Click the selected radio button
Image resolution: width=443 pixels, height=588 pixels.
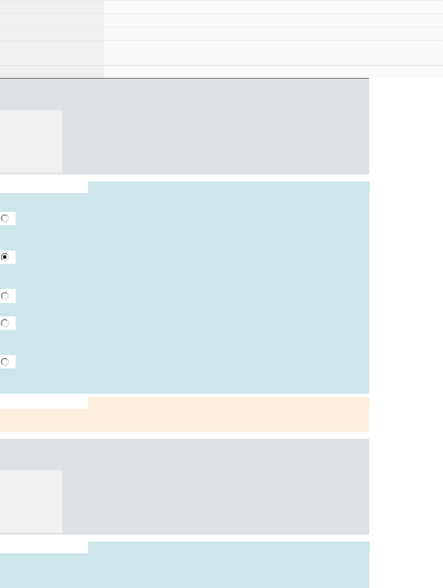point(5,257)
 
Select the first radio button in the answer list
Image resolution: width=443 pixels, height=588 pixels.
point(5,218)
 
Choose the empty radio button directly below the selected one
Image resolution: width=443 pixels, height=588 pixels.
point(5,296)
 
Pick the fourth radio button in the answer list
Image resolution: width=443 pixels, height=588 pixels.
point(5,323)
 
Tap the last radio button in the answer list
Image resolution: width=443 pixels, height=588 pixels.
point(5,362)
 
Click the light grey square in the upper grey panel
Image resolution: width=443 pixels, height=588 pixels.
point(31,141)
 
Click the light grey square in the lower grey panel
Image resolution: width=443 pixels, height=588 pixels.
point(31,501)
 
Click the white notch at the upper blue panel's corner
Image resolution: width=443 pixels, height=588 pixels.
point(44,187)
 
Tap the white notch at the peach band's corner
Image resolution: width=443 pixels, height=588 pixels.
point(44,403)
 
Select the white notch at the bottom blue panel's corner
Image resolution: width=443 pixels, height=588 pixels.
point(44,547)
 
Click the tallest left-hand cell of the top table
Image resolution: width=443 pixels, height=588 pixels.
point(52,53)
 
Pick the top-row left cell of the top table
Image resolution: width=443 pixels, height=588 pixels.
point(52,7)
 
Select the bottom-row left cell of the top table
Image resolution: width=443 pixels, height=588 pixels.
point(52,72)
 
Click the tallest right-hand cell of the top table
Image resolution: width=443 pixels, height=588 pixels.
point(273,53)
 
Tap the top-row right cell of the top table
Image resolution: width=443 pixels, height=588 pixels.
point(273,7)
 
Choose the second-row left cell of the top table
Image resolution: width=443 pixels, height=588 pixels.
point(52,20)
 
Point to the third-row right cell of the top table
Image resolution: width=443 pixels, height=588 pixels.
point(273,34)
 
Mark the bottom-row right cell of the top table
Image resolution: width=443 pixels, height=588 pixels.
point(273,72)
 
